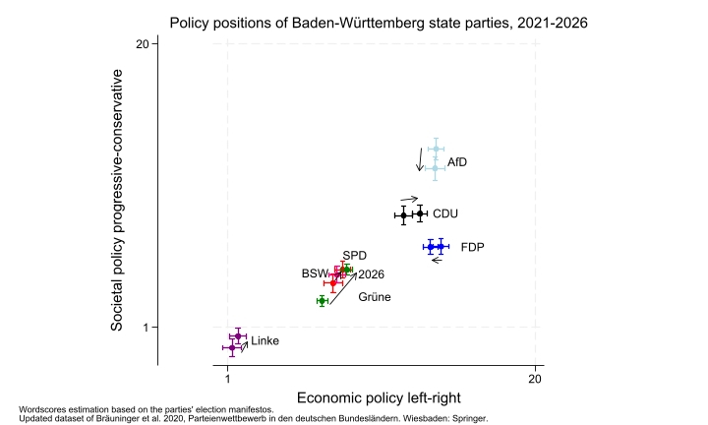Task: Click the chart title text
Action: tap(379, 22)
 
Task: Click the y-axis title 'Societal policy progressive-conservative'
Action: tap(117, 199)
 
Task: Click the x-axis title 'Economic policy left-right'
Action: tap(381, 397)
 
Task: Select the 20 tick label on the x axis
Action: tap(534, 378)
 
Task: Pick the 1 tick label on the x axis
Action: tap(228, 378)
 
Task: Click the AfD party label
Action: tap(457, 161)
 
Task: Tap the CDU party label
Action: tap(445, 213)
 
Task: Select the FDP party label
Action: tap(473, 247)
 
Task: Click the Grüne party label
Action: tap(375, 296)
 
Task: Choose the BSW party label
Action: tap(314, 273)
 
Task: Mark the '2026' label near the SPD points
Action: tap(371, 274)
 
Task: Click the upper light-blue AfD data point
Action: tap(436, 150)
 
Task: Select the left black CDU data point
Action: tap(403, 214)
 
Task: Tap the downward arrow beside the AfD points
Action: tap(420, 159)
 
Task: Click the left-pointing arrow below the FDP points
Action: tap(437, 260)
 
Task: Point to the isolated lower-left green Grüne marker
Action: tap(322, 300)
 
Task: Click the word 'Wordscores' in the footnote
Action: tap(47, 407)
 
